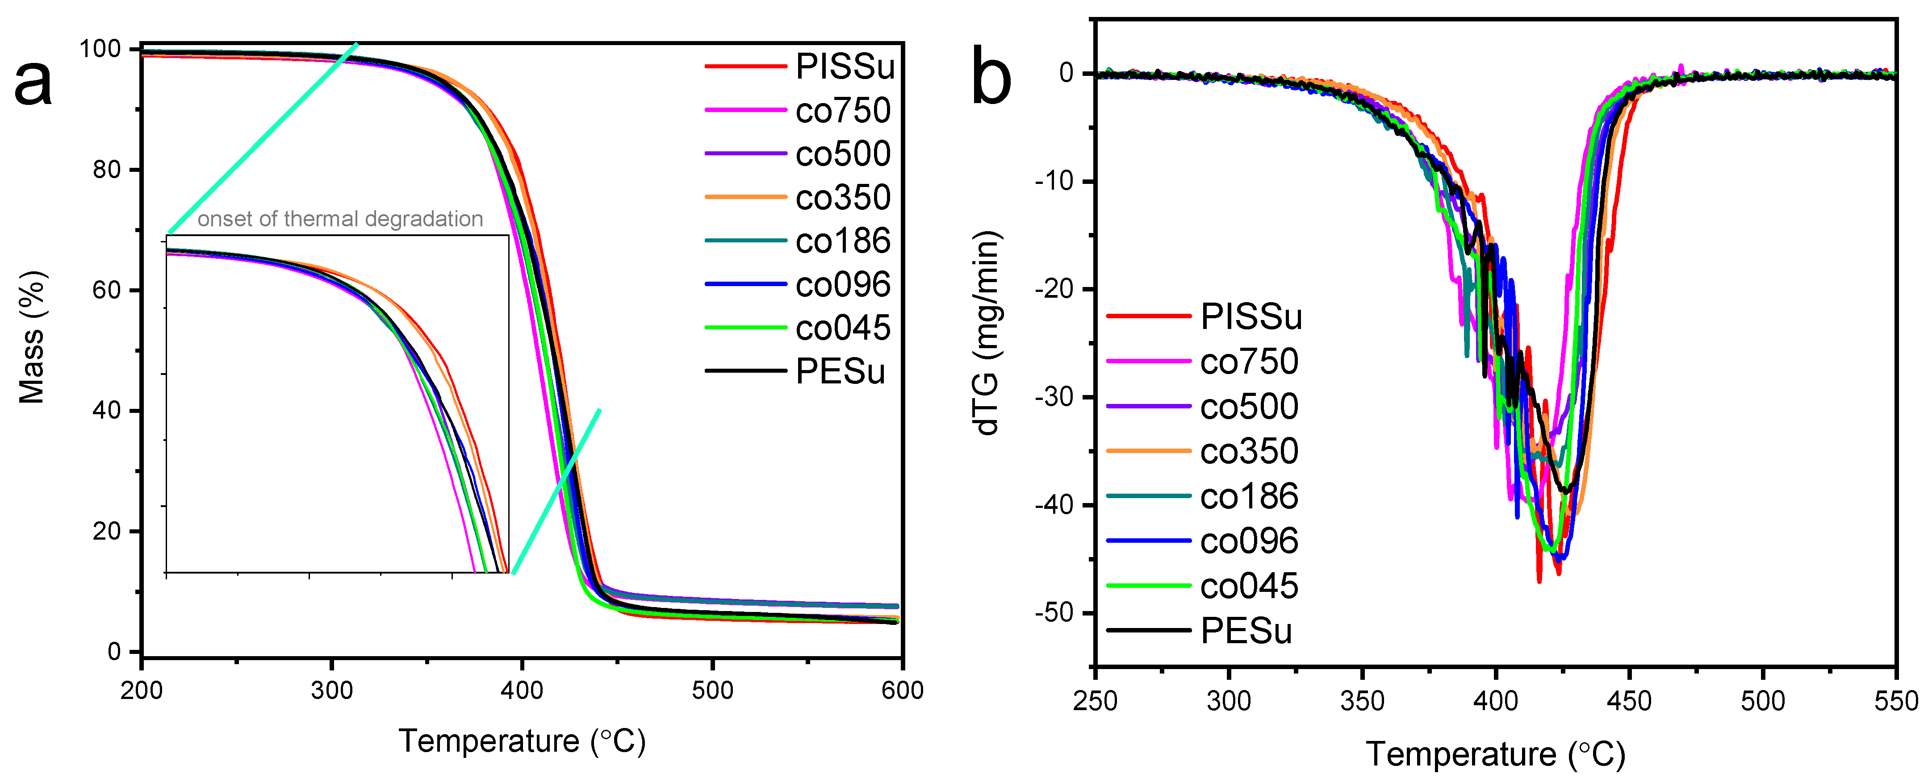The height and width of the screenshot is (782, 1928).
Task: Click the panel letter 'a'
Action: click(x=33, y=84)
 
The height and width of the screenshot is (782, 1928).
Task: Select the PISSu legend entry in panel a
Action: click(x=844, y=67)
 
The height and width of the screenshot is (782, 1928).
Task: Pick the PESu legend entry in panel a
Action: click(x=840, y=371)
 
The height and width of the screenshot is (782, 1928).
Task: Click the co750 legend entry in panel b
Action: click(x=1248, y=362)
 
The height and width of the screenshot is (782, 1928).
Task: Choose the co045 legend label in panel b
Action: click(x=1248, y=586)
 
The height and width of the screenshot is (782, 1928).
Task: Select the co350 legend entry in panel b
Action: click(x=1248, y=451)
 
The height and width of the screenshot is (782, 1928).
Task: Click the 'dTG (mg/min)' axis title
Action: click(x=987, y=333)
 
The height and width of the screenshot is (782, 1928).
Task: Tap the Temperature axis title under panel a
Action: click(x=522, y=741)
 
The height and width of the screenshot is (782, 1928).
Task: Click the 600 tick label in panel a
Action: click(x=902, y=690)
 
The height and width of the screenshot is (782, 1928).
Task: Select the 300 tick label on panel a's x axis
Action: click(x=331, y=690)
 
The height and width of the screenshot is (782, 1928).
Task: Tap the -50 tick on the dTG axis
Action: click(x=1055, y=613)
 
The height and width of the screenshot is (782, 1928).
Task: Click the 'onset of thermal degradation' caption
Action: click(x=340, y=219)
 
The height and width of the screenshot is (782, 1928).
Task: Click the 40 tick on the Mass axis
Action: click(x=107, y=411)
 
